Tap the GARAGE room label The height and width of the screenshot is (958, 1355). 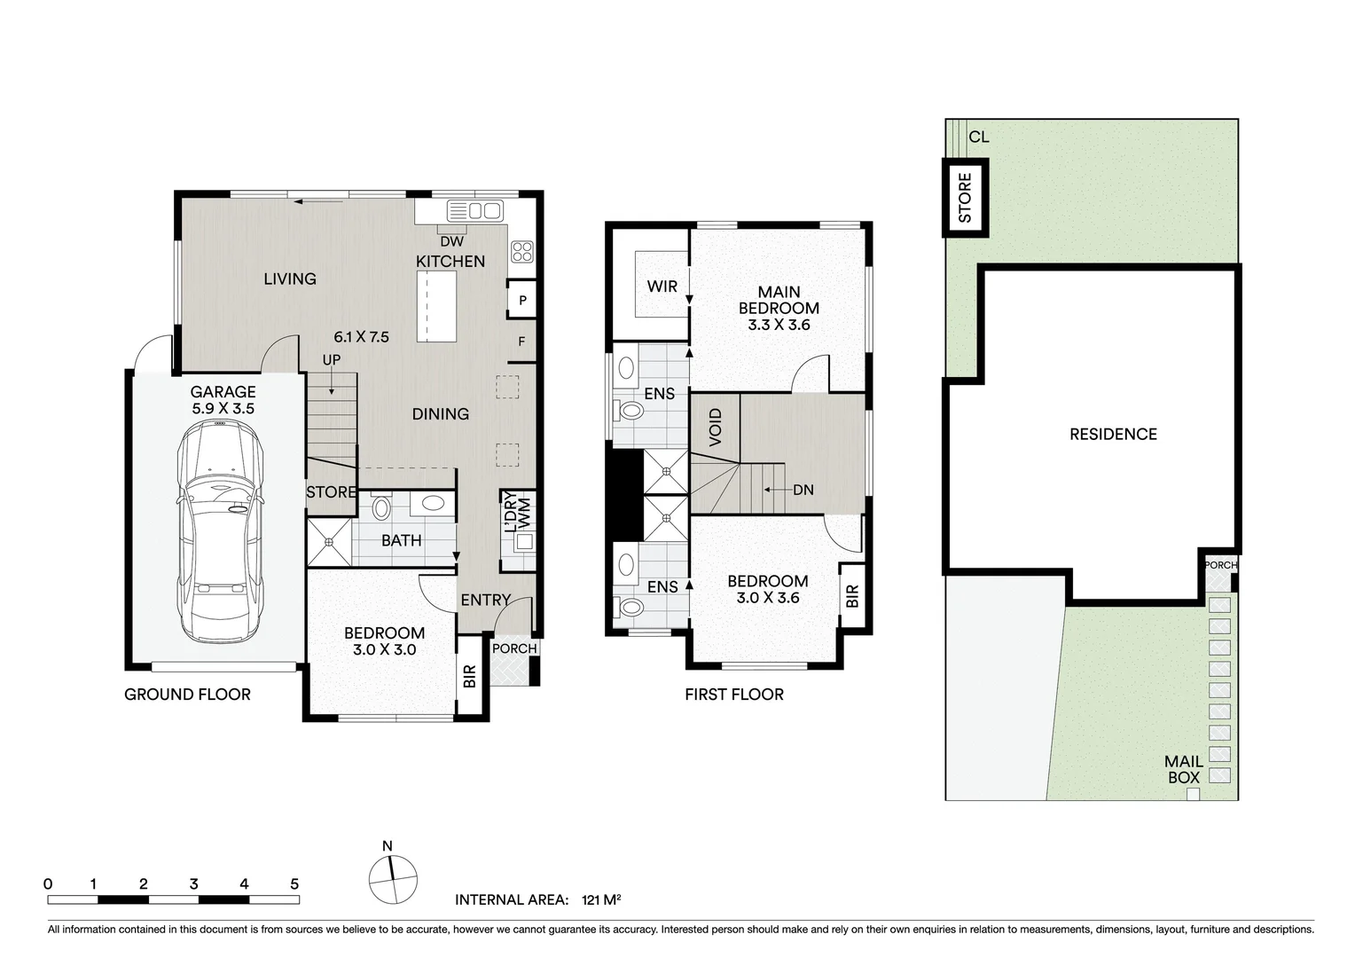click(x=223, y=392)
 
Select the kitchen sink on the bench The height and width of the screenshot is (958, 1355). click(x=474, y=210)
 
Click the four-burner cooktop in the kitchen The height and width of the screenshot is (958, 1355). click(x=521, y=252)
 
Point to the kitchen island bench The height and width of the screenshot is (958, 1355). click(x=436, y=306)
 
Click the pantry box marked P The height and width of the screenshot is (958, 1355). click(x=522, y=301)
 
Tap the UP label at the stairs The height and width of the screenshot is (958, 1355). click(x=332, y=360)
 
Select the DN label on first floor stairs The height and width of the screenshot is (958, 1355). click(x=803, y=490)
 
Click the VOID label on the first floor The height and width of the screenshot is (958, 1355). click(x=716, y=428)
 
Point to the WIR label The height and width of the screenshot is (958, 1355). click(x=662, y=287)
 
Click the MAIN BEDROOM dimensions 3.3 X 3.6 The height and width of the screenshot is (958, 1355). click(x=779, y=325)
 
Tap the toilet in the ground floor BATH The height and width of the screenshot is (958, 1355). click(x=382, y=507)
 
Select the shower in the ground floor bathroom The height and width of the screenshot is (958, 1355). click(x=329, y=542)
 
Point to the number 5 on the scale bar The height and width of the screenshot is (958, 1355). click(x=294, y=883)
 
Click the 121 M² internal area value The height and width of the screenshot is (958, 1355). click(x=600, y=899)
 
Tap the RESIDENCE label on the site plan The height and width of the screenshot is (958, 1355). click(x=1113, y=434)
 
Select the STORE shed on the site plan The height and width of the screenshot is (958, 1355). click(x=965, y=198)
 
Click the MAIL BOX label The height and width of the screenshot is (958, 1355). click(x=1184, y=770)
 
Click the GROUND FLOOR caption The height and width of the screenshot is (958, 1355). click(x=187, y=695)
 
